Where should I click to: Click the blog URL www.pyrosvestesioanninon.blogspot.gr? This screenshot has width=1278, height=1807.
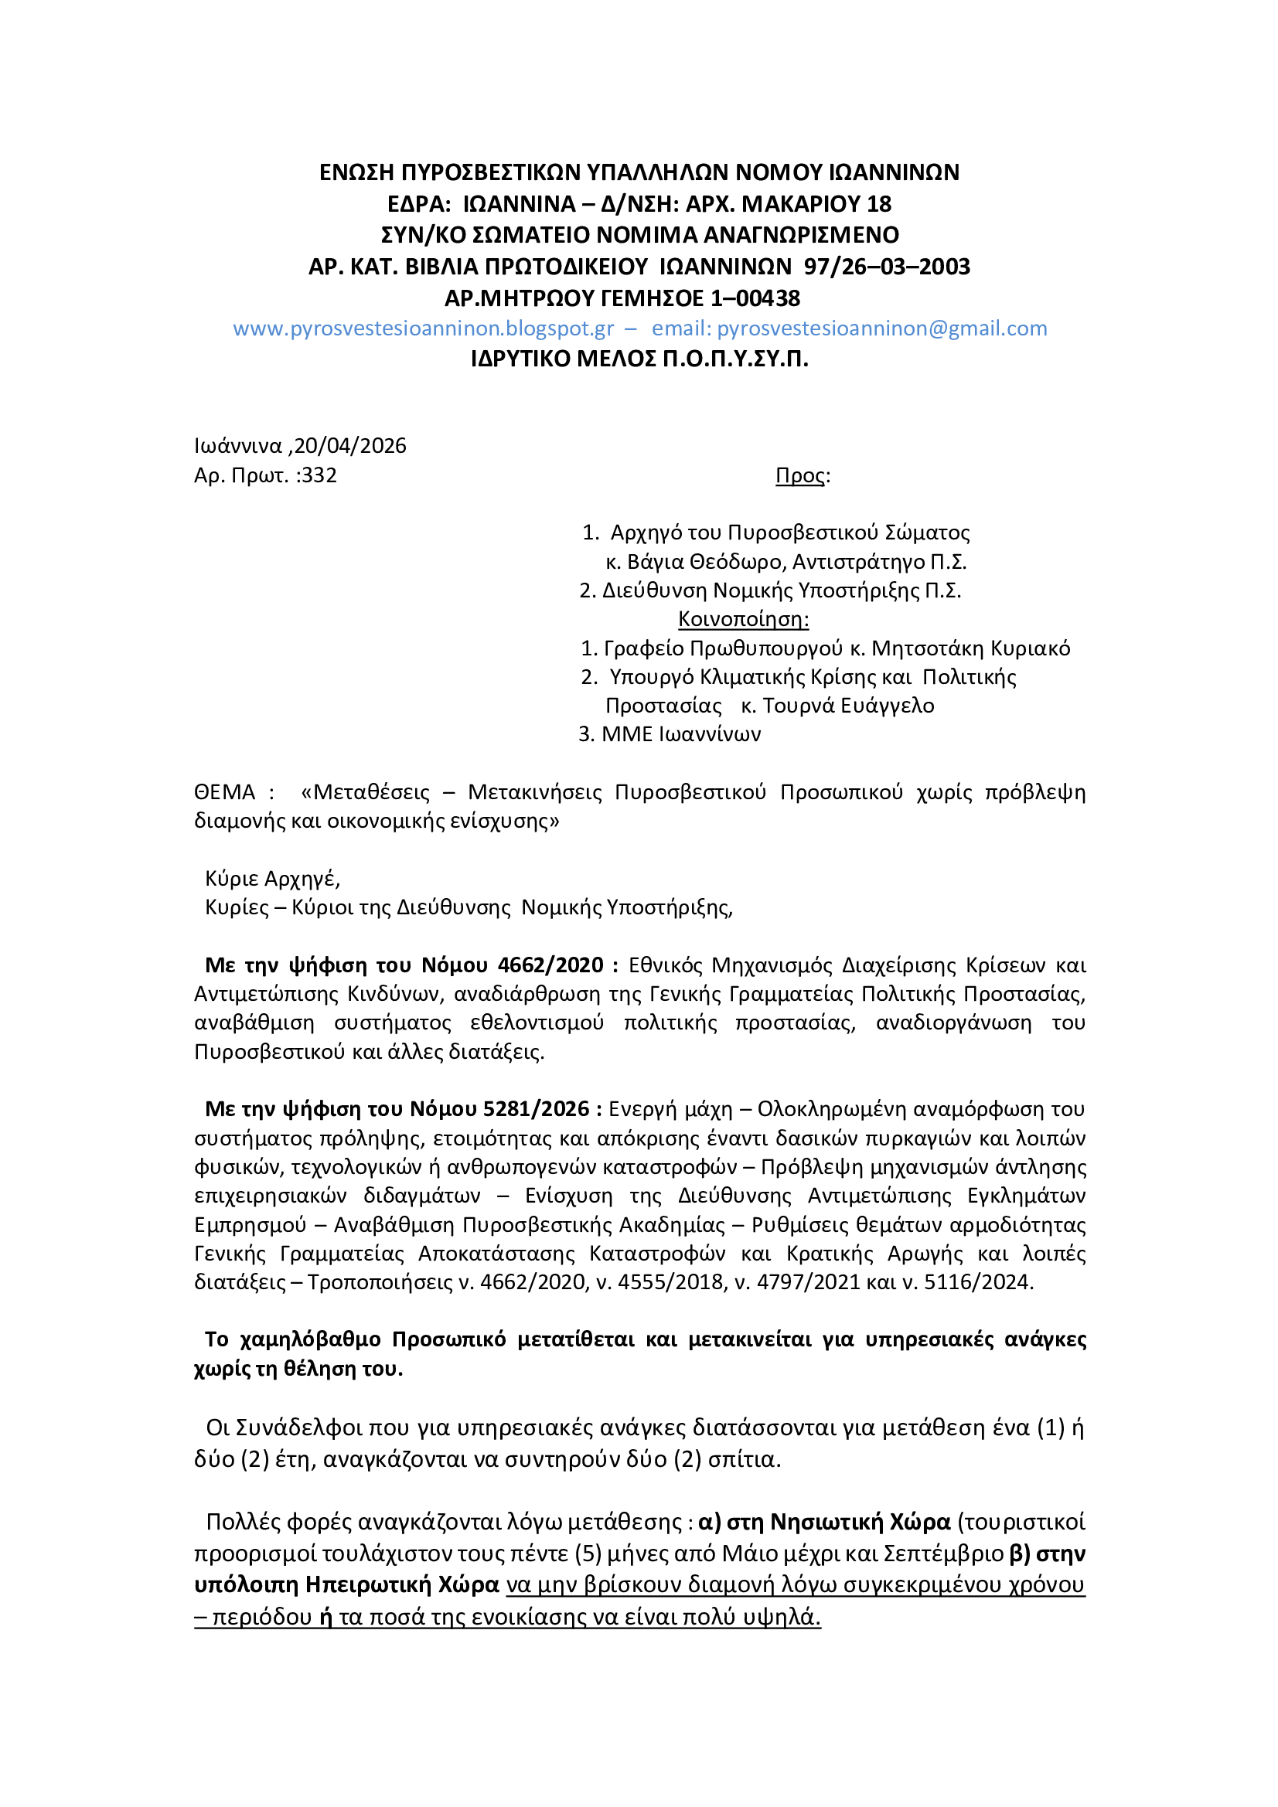[423, 328]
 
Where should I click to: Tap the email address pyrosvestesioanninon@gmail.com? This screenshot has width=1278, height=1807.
[882, 328]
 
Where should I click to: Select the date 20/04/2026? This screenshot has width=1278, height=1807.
[350, 445]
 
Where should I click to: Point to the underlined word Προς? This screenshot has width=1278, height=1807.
[800, 475]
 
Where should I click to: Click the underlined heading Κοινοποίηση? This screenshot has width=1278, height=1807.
[743, 618]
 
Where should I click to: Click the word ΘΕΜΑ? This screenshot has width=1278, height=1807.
[224, 791]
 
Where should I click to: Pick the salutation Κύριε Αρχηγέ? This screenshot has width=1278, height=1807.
[272, 878]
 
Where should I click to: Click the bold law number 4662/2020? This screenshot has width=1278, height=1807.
[550, 965]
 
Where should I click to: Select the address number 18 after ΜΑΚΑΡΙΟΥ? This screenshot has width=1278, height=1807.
[879, 204]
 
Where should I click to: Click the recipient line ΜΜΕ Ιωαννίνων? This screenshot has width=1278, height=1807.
[681, 734]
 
